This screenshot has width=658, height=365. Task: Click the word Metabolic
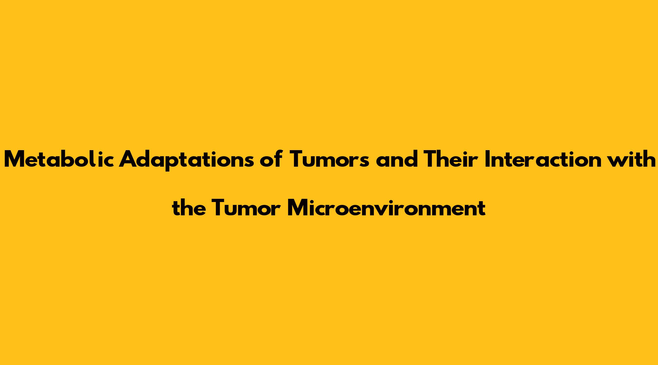(x=59, y=159)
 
